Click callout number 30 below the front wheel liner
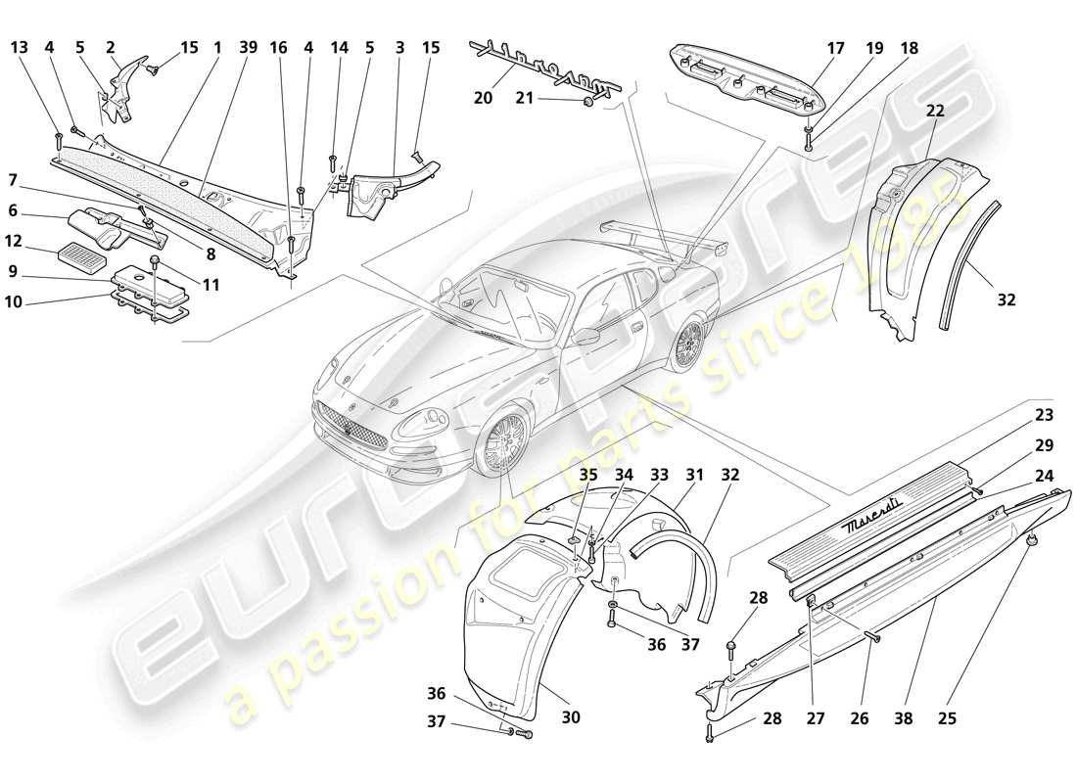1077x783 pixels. coord(571,716)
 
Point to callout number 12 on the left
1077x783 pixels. coord(14,240)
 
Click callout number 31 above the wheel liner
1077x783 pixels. coord(694,475)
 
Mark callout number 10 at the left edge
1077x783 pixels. coord(14,302)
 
